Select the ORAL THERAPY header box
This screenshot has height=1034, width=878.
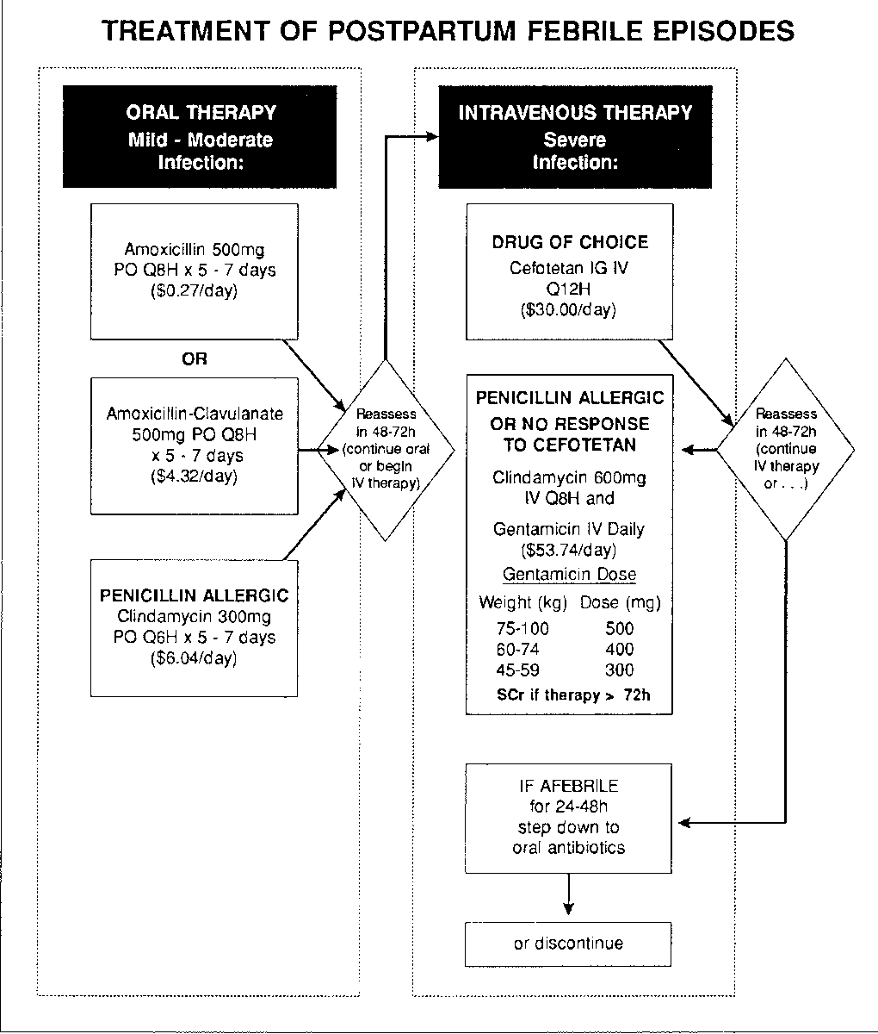(x=200, y=136)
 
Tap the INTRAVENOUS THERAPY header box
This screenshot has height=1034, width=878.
(x=575, y=136)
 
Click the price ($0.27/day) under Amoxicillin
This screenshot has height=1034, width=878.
(x=194, y=290)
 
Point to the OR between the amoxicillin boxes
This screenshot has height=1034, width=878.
(x=195, y=358)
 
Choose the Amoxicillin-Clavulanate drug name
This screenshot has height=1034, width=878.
(x=195, y=414)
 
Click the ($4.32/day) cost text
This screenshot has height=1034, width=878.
(x=194, y=476)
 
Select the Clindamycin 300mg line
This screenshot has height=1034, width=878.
(x=195, y=616)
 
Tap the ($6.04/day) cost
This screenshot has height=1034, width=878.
(x=194, y=657)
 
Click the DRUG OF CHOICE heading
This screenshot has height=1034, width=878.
(x=570, y=242)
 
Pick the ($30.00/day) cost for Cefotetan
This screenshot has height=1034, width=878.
(x=569, y=310)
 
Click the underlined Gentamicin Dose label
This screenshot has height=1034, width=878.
(x=569, y=574)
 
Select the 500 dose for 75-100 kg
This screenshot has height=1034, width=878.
(x=620, y=628)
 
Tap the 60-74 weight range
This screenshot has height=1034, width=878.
(x=517, y=649)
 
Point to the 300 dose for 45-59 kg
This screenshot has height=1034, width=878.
(x=620, y=670)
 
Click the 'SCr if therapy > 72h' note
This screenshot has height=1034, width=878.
(x=573, y=695)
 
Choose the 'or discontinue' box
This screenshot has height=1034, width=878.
(x=568, y=944)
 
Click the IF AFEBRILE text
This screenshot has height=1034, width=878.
(x=569, y=786)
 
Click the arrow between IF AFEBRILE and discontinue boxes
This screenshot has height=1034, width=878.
(x=569, y=894)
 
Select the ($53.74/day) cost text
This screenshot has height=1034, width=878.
(x=569, y=551)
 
